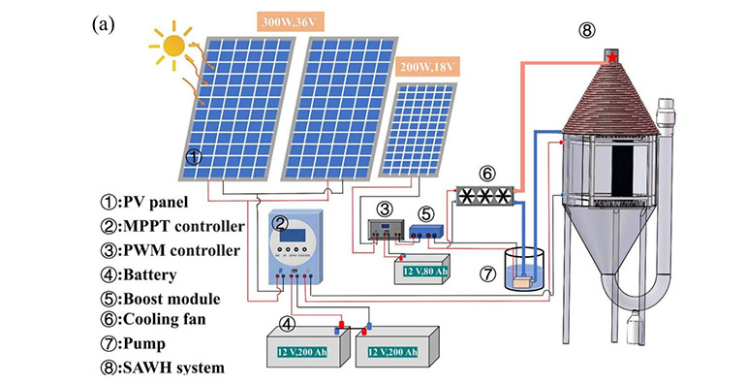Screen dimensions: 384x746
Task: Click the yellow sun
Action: [174, 46]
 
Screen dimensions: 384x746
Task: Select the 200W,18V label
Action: [428, 67]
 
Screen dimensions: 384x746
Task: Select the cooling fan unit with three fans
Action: [485, 198]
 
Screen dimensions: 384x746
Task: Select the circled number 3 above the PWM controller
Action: [385, 209]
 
